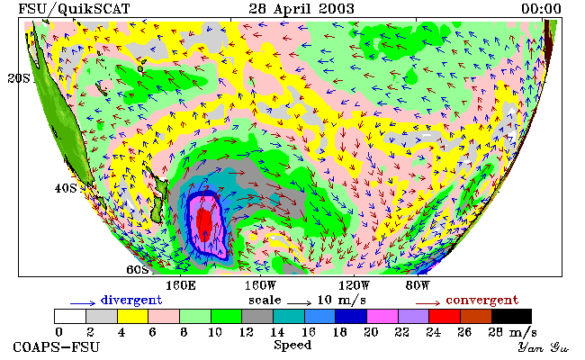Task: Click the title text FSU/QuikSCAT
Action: (74, 9)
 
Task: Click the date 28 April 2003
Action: (301, 9)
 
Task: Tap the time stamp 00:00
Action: (541, 9)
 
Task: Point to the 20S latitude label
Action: (19, 78)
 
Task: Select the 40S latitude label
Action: (66, 188)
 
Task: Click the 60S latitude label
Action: (138, 269)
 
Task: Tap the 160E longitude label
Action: (181, 286)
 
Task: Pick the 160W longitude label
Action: (260, 286)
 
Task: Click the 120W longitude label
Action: (354, 286)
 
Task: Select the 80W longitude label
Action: (418, 286)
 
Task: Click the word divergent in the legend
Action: (131, 301)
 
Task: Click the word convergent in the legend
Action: (482, 301)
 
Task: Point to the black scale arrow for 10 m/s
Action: (299, 303)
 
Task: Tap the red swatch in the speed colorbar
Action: (445, 317)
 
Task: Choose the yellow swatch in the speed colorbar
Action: (133, 317)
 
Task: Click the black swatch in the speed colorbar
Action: (511, 317)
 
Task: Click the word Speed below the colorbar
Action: (292, 346)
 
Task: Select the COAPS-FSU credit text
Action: (57, 347)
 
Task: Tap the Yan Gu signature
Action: (544, 347)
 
